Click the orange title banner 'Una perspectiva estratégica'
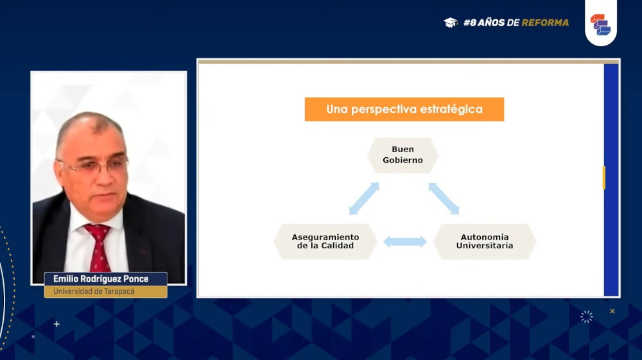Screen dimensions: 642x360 click(x=404, y=109)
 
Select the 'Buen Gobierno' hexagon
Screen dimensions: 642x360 click(x=403, y=155)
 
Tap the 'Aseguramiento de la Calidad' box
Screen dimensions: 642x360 click(x=325, y=241)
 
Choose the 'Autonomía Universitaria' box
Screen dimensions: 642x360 click(x=485, y=241)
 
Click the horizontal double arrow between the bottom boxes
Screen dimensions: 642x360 click(x=405, y=242)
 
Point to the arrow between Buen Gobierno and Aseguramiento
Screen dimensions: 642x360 click(x=364, y=198)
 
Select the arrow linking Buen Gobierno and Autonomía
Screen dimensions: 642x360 click(x=444, y=198)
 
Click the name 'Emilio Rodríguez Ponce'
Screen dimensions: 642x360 click(x=101, y=279)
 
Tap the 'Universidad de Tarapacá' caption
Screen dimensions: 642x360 click(x=94, y=291)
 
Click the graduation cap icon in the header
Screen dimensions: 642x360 click(x=451, y=22)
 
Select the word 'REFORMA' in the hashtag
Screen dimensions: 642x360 click(x=545, y=22)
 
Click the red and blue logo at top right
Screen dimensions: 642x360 click(x=600, y=24)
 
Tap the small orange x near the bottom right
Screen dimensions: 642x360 click(x=612, y=311)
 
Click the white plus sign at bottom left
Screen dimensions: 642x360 click(x=56, y=324)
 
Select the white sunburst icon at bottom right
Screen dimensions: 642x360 click(x=586, y=316)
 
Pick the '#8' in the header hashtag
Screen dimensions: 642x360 click(x=470, y=22)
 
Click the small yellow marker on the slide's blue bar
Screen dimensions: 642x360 click(x=604, y=178)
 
